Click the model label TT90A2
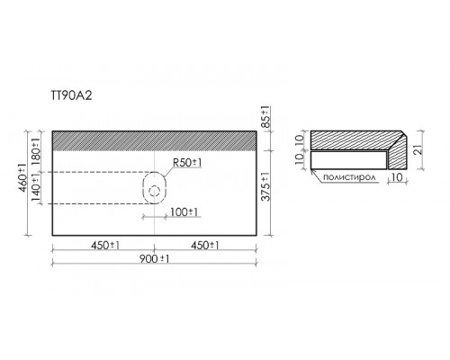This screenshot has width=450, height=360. pos(71,95)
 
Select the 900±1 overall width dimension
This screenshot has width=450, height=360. pos(154,258)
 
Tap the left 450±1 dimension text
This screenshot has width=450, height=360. pos(105,246)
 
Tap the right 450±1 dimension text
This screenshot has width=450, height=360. pos(205,246)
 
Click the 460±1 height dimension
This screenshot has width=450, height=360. pos(22,178)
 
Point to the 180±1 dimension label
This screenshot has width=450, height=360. pos(35,150)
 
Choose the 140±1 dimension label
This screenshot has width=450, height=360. pos(35,188)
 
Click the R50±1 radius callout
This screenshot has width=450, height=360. pos(187,163)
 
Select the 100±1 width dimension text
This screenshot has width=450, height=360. pos(184,212)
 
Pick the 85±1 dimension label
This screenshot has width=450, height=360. pos(265,117)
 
